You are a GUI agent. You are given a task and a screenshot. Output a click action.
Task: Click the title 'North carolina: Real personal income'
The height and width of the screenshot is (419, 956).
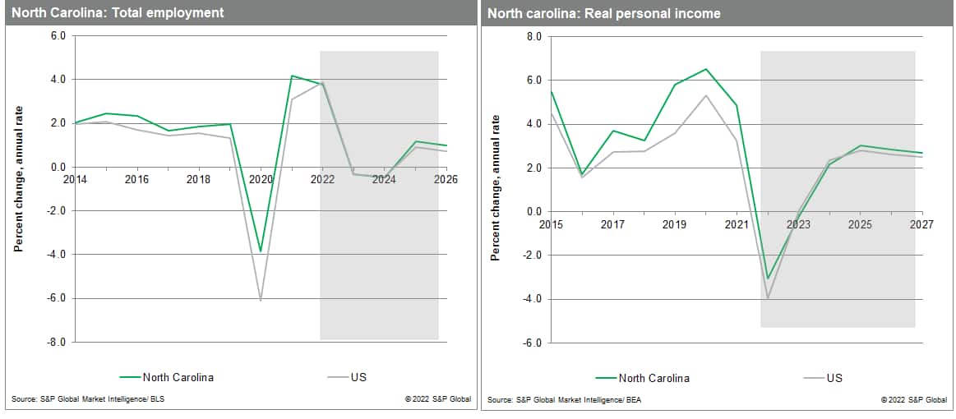[603, 13]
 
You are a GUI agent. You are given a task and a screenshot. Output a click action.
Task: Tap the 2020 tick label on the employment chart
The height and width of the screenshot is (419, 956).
[261, 179]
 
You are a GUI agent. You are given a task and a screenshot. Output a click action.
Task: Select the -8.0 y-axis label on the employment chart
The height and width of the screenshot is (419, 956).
[57, 342]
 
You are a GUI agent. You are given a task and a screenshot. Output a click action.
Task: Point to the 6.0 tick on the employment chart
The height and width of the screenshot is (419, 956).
[58, 36]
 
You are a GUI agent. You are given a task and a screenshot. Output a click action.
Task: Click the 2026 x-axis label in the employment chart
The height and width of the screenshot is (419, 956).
[446, 179]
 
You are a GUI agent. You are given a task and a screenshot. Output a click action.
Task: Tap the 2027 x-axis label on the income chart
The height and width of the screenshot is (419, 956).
[921, 223]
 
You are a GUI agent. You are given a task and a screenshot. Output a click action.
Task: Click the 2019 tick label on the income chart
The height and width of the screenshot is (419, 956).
[674, 223]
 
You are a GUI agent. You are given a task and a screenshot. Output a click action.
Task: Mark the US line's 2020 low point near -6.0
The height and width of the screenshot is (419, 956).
[261, 301]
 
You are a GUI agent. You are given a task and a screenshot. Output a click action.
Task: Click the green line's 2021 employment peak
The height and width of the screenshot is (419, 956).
[292, 76]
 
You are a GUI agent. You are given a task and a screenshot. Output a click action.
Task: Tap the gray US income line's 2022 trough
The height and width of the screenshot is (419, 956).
[768, 298]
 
